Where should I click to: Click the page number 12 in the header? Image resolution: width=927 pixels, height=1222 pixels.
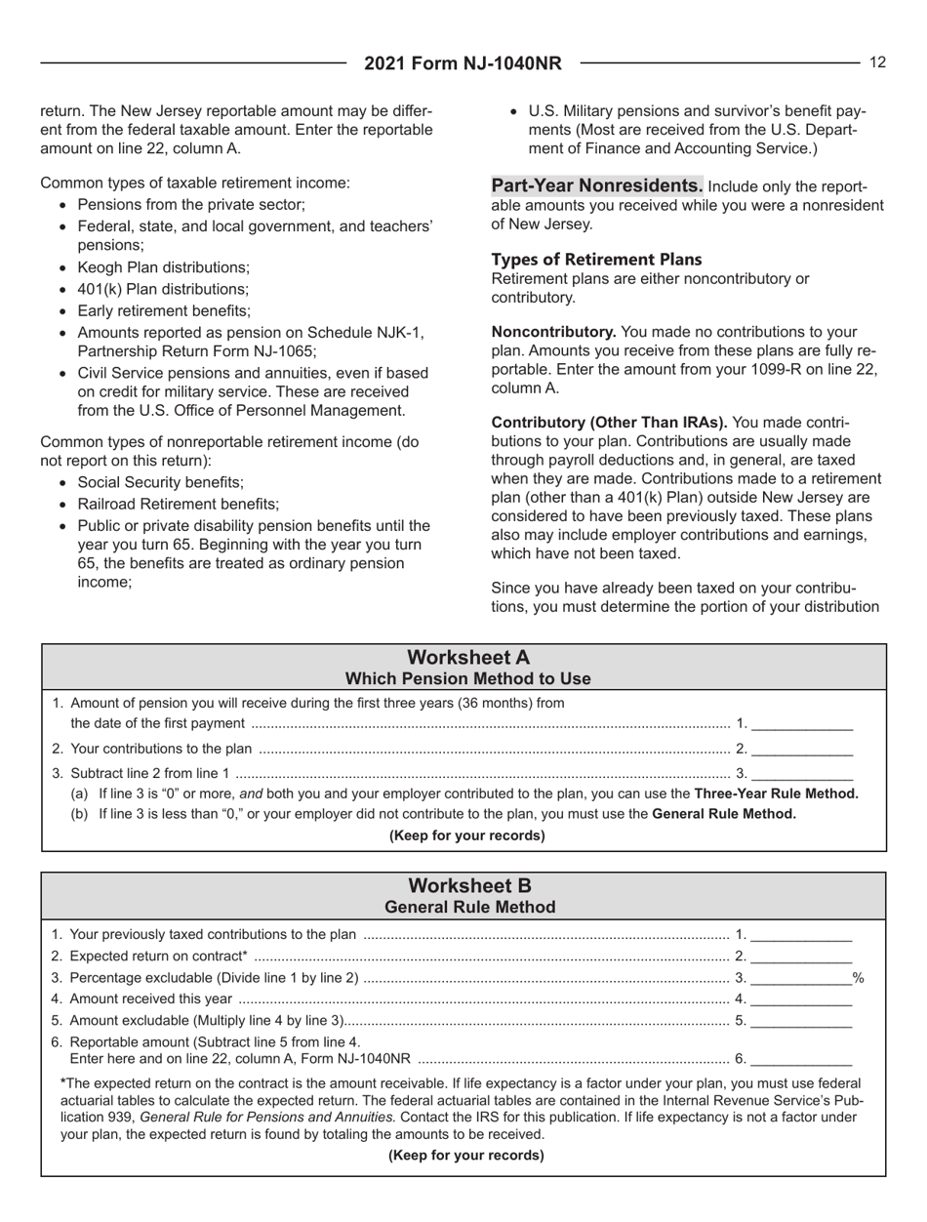pyautogui.click(x=877, y=62)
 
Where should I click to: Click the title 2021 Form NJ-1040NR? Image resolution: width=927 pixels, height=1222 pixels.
pyautogui.click(x=463, y=64)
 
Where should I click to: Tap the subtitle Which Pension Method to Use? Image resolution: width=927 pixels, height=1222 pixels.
pyautogui.click(x=463, y=678)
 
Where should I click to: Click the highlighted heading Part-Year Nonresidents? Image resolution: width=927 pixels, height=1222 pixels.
pyautogui.click(x=595, y=184)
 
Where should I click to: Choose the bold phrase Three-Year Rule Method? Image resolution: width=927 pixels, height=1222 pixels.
pyautogui.click(x=776, y=793)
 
